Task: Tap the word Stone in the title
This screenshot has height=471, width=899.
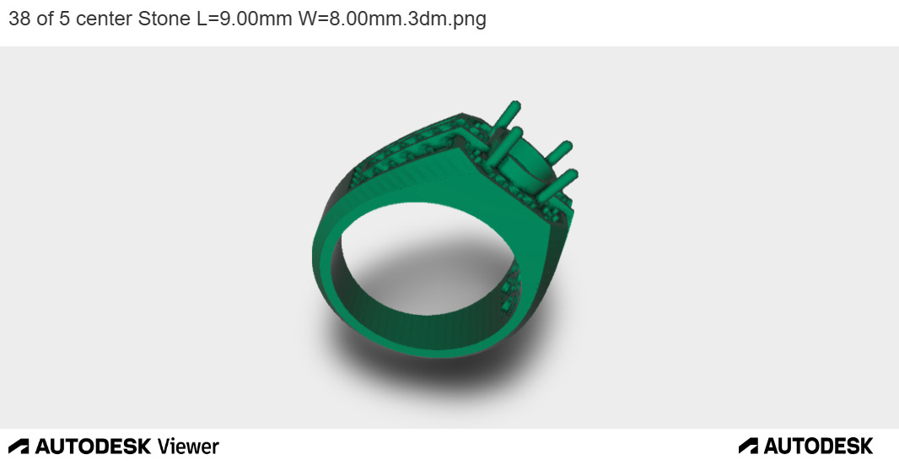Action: (x=164, y=19)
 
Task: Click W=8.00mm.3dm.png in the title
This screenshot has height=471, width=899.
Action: (x=392, y=19)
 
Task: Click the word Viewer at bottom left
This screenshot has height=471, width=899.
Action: (x=188, y=447)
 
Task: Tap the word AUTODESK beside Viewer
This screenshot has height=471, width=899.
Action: (x=93, y=447)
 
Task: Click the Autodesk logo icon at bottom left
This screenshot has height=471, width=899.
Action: (x=19, y=447)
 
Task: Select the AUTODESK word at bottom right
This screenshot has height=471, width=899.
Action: (x=818, y=446)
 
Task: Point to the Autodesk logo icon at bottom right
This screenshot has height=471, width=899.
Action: (x=748, y=446)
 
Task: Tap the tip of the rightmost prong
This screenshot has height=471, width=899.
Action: (x=573, y=174)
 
